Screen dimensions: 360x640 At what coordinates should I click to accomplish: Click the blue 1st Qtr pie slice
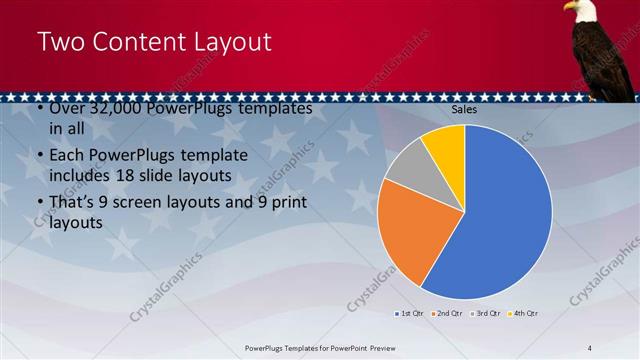click(505, 220)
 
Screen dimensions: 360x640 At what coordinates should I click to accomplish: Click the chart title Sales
click(464, 109)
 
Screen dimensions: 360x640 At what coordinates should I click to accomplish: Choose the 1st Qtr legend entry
click(408, 314)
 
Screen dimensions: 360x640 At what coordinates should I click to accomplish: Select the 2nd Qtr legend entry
click(446, 314)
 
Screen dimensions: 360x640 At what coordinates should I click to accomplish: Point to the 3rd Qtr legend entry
click(485, 314)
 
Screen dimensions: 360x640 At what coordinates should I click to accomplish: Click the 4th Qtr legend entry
click(523, 314)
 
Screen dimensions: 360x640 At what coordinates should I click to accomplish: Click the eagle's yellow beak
click(566, 7)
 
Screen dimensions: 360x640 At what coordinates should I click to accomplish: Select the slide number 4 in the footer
click(589, 347)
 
